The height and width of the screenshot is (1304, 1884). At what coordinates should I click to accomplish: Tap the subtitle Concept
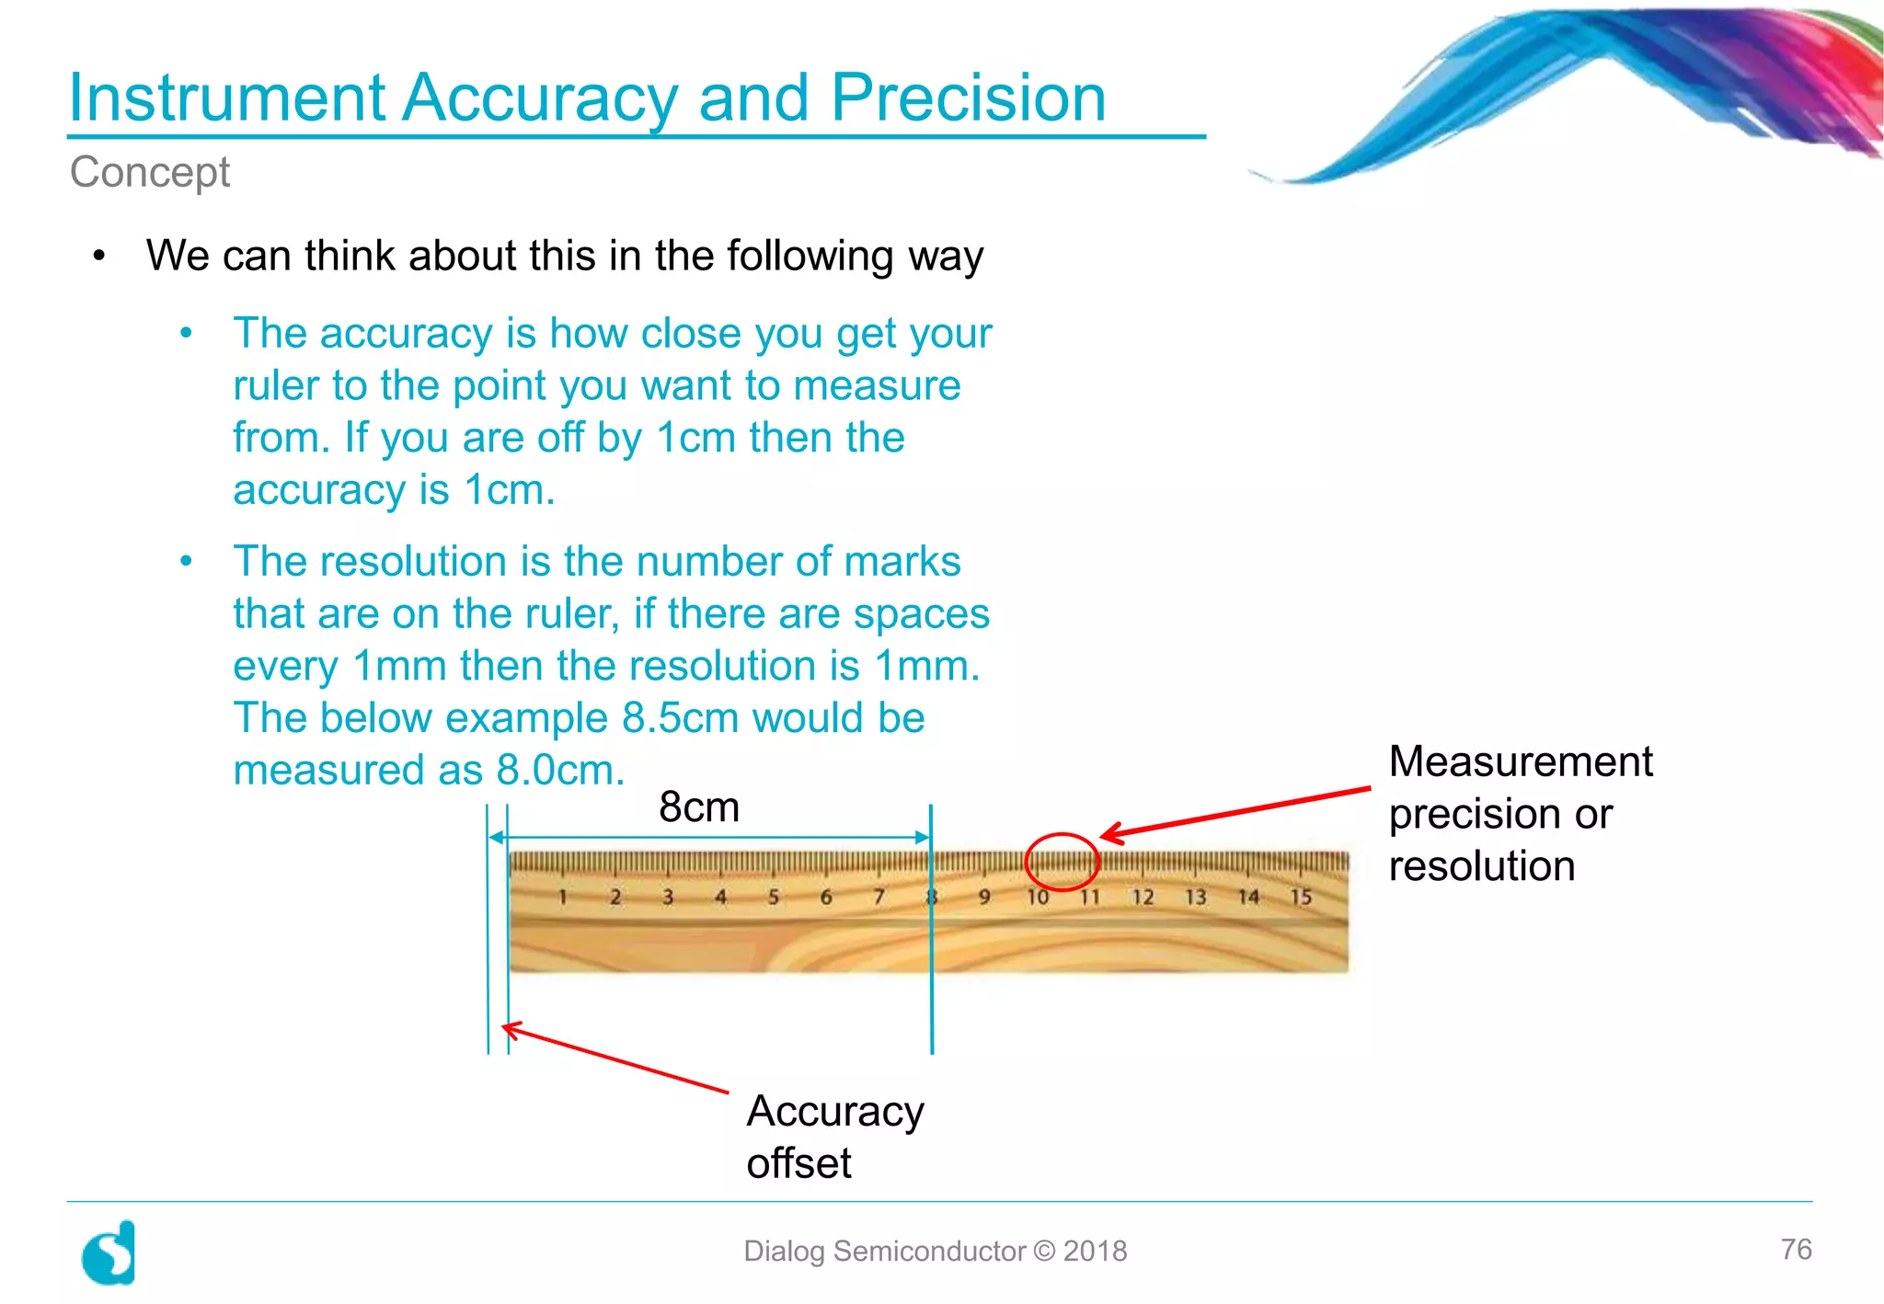(x=150, y=172)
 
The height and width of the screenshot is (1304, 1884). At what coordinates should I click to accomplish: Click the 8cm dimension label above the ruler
(x=699, y=807)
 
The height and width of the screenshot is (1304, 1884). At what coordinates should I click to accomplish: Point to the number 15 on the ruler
(x=1300, y=897)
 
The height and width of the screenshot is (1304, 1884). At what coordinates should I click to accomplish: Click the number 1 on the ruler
(x=562, y=897)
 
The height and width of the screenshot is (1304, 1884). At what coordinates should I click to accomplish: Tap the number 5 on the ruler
(x=773, y=897)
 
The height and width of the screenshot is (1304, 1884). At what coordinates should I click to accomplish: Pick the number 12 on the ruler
(x=1143, y=897)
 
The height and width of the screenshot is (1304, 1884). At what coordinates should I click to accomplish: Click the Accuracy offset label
(x=834, y=1137)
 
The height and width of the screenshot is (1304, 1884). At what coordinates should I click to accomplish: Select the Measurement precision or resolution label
(x=1520, y=814)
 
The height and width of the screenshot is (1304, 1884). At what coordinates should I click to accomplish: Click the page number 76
(x=1796, y=1249)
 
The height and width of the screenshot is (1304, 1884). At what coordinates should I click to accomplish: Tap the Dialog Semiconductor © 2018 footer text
(x=935, y=1251)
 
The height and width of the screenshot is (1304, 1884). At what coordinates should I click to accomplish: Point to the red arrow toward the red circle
(x=1233, y=811)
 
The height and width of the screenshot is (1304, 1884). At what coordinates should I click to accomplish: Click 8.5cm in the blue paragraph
(x=680, y=718)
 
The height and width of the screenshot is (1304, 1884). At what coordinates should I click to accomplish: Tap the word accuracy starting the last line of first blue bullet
(x=318, y=490)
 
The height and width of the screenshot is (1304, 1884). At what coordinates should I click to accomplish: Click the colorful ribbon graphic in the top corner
(x=1610, y=87)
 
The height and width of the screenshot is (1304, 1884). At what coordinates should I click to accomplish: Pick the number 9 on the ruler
(x=984, y=897)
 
